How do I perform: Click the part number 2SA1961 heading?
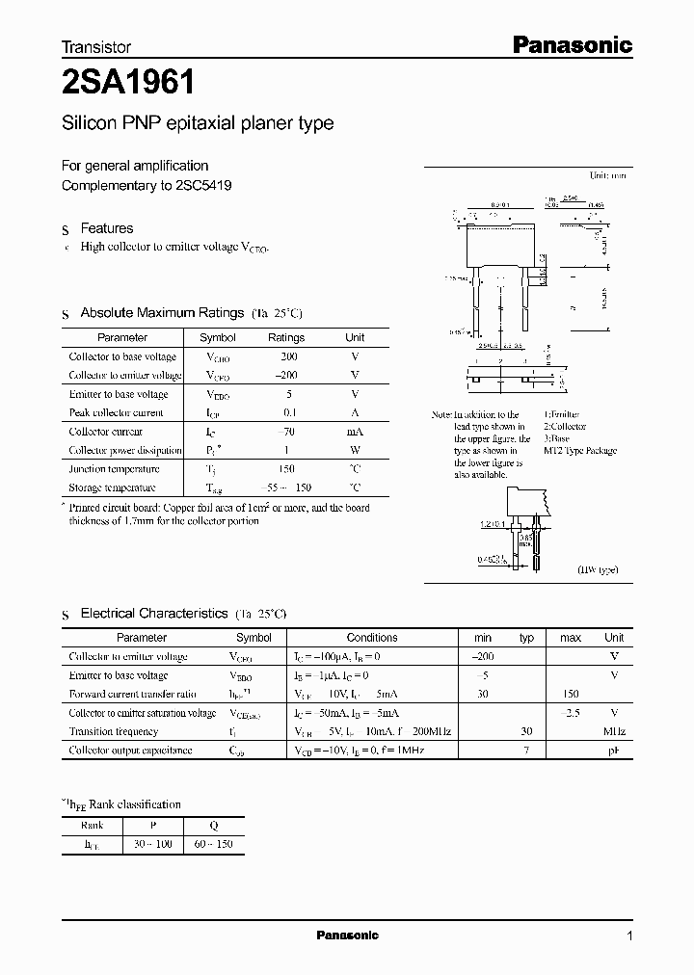[128, 84]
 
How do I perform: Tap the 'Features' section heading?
[106, 228]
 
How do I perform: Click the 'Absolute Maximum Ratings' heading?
[161, 313]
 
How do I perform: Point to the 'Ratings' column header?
[286, 338]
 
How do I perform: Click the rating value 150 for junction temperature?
[286, 469]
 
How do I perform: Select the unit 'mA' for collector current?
[355, 432]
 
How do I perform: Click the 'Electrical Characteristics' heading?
[153, 613]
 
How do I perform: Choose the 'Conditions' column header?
[372, 638]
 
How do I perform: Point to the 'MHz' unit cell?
[613, 731]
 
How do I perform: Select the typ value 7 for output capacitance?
[526, 750]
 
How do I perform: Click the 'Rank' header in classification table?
[93, 825]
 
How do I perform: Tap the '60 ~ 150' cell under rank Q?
[213, 844]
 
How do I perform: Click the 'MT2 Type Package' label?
[579, 451]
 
